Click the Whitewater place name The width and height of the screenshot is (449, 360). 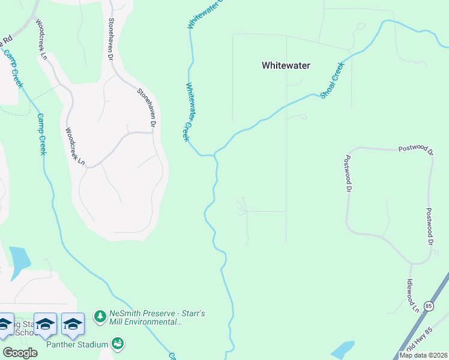pyautogui.click(x=286, y=66)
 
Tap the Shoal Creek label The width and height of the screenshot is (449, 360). pyautogui.click(x=332, y=80)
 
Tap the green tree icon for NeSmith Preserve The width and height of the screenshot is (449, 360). pyautogui.click(x=100, y=315)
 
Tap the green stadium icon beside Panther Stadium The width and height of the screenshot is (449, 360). pyautogui.click(x=118, y=344)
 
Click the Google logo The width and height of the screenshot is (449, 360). pyautogui.click(x=20, y=352)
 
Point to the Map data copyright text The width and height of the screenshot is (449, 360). pyautogui.click(x=423, y=355)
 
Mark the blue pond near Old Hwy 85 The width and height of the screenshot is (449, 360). pyautogui.click(x=342, y=349)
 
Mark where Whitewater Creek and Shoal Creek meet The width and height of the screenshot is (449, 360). pyautogui.click(x=214, y=154)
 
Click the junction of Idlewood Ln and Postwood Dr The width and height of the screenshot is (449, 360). pyautogui.click(x=411, y=263)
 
